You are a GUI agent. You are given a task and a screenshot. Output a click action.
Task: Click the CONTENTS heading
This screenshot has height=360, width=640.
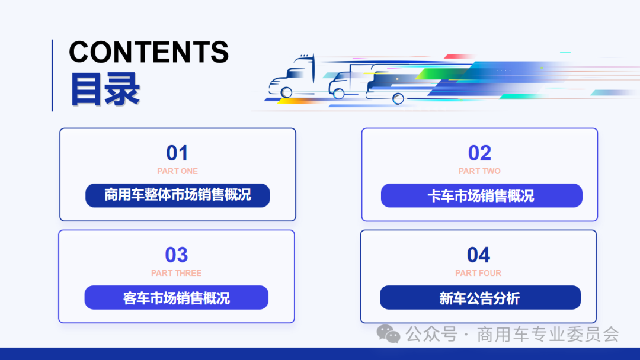pos(149,52)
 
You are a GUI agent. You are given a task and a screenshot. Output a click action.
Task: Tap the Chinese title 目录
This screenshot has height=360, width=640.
pos(105,89)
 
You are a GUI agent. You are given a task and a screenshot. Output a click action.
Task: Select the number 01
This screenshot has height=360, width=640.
pos(177,153)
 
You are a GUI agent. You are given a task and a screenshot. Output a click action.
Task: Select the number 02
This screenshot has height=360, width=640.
pos(479,153)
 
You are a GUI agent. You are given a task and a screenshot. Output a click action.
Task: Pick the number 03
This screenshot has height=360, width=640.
pos(176,255)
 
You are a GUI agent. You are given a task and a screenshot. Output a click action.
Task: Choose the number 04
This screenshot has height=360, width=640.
pos(478,255)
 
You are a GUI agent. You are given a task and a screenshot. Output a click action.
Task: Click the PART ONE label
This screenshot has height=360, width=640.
pos(177,171)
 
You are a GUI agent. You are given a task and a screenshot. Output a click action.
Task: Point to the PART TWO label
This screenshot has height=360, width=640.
pos(479,171)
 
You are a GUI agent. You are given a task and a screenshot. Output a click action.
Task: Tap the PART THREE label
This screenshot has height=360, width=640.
pos(176,273)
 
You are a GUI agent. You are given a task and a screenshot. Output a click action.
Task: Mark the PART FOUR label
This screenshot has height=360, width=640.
pos(478,273)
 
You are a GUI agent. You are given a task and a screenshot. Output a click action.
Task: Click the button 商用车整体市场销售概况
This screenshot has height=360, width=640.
pos(178,195)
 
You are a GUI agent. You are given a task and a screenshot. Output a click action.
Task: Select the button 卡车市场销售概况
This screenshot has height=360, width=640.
pos(481,195)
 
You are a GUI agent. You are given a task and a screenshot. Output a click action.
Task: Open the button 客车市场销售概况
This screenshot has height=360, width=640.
pos(177,297)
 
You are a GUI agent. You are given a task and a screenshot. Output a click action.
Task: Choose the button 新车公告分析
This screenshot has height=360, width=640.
pos(480,297)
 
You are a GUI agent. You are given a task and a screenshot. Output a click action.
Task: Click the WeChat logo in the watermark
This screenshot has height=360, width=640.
pos(389,335)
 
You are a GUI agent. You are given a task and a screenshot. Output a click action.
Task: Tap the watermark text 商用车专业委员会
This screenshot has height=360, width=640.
pos(548,335)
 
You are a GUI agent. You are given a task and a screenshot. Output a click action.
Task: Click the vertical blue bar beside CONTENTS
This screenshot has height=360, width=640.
pos(52,75)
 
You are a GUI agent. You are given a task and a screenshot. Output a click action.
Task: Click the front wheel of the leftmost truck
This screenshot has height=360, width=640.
pos(287,92)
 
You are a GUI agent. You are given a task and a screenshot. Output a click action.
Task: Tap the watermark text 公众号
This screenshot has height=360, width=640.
pos(431,335)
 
